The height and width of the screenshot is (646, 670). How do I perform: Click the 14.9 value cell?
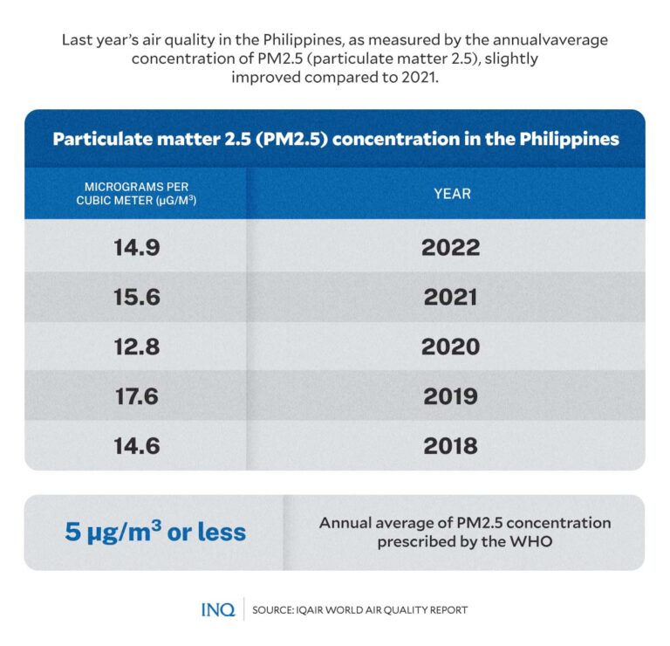136,247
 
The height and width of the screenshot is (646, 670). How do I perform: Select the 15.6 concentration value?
136,297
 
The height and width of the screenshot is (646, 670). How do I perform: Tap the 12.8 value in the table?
136,347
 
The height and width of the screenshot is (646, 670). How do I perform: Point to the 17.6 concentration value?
136,396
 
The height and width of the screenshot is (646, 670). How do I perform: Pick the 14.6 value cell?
136,446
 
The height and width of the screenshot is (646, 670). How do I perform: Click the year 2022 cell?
450,247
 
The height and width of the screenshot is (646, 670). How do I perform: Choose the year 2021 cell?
450,297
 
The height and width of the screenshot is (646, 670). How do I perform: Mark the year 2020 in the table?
450,347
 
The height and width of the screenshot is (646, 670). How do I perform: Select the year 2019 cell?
450,396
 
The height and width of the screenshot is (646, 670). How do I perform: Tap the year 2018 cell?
450,446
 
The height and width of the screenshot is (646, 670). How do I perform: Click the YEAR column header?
452,193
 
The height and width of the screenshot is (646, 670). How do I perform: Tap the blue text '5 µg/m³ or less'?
155,532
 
